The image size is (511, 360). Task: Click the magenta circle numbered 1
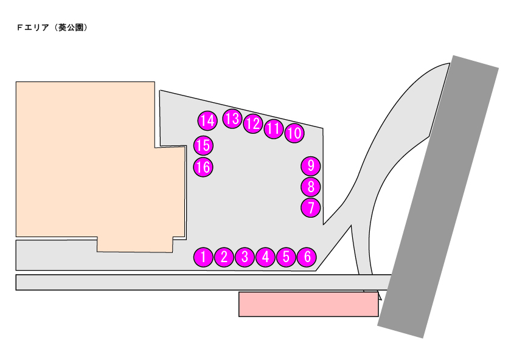[x=203, y=257]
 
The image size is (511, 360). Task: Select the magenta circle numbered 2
[x=224, y=257]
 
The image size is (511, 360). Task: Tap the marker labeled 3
[x=245, y=257]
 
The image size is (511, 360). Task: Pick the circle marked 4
[x=266, y=257]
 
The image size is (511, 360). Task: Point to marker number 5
[x=286, y=257]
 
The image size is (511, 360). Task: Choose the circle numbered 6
[x=307, y=257]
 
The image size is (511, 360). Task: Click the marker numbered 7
[x=311, y=207]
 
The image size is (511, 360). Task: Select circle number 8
[x=311, y=187]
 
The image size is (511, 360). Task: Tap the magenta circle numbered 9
[x=311, y=166]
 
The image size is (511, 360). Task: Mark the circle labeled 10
[x=294, y=133]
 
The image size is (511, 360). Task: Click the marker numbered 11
[x=274, y=129]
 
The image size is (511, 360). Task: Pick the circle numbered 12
[x=253, y=124]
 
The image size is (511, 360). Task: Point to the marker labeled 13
[x=232, y=119]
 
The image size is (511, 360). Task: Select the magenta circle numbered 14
[x=207, y=120]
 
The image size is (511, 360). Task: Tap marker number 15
[x=203, y=145]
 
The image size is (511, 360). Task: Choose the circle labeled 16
[x=203, y=167]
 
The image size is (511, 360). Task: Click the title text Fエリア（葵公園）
[x=52, y=28]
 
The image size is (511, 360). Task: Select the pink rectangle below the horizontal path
[x=308, y=304]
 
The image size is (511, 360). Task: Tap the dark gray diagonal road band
[x=439, y=196]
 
